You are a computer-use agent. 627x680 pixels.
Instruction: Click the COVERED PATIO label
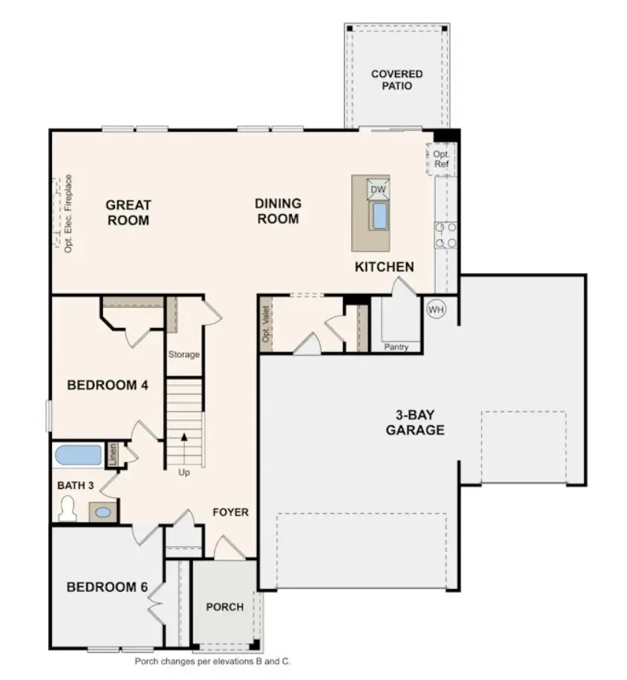point(397,80)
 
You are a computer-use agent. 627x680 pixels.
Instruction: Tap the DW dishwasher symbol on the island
point(379,190)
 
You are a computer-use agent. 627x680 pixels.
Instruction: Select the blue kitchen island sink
point(379,216)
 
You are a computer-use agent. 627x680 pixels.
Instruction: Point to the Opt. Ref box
point(441,159)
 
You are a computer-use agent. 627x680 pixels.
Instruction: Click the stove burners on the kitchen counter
point(445,235)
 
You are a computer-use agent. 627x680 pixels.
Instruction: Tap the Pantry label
point(396,347)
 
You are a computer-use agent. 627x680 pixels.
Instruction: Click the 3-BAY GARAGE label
point(414,423)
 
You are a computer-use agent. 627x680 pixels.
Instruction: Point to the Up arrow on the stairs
point(183,449)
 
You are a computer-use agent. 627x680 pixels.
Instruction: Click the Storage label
point(183,355)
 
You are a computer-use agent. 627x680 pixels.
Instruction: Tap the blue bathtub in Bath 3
point(79,455)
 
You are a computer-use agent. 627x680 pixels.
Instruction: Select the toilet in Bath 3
point(68,509)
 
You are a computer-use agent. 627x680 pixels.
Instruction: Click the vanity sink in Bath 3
point(103,511)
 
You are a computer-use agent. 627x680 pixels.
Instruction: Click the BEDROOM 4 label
point(102,385)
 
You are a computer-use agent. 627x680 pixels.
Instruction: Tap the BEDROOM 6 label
point(102,587)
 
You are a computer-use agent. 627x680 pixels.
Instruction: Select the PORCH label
point(225,607)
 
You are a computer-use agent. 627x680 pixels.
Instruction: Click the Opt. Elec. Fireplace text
point(67,214)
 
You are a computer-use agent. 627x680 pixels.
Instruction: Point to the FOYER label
point(230,512)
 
